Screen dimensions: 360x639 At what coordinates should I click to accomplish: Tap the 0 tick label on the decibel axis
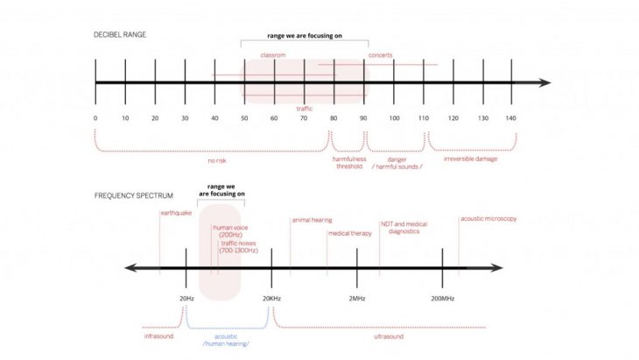95,117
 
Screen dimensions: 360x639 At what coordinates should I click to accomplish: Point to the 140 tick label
511,117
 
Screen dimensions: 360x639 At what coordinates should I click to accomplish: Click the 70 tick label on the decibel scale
304,117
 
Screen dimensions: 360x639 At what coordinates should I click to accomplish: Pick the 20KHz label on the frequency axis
272,298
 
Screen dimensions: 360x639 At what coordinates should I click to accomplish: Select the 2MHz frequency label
356,298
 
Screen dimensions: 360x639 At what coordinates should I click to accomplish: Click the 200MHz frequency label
443,298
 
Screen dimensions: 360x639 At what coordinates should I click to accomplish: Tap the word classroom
274,55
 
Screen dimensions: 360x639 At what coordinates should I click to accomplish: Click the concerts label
380,55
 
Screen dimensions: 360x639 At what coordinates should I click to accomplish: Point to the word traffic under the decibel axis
305,107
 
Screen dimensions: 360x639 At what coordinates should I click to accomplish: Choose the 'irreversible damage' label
472,160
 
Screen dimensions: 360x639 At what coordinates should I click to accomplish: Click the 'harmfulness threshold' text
348,163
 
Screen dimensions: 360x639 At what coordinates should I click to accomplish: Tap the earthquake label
176,213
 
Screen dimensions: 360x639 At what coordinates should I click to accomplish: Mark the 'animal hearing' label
312,220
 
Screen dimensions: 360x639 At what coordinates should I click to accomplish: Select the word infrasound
159,335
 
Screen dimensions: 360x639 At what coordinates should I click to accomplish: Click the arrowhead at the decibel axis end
546,83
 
